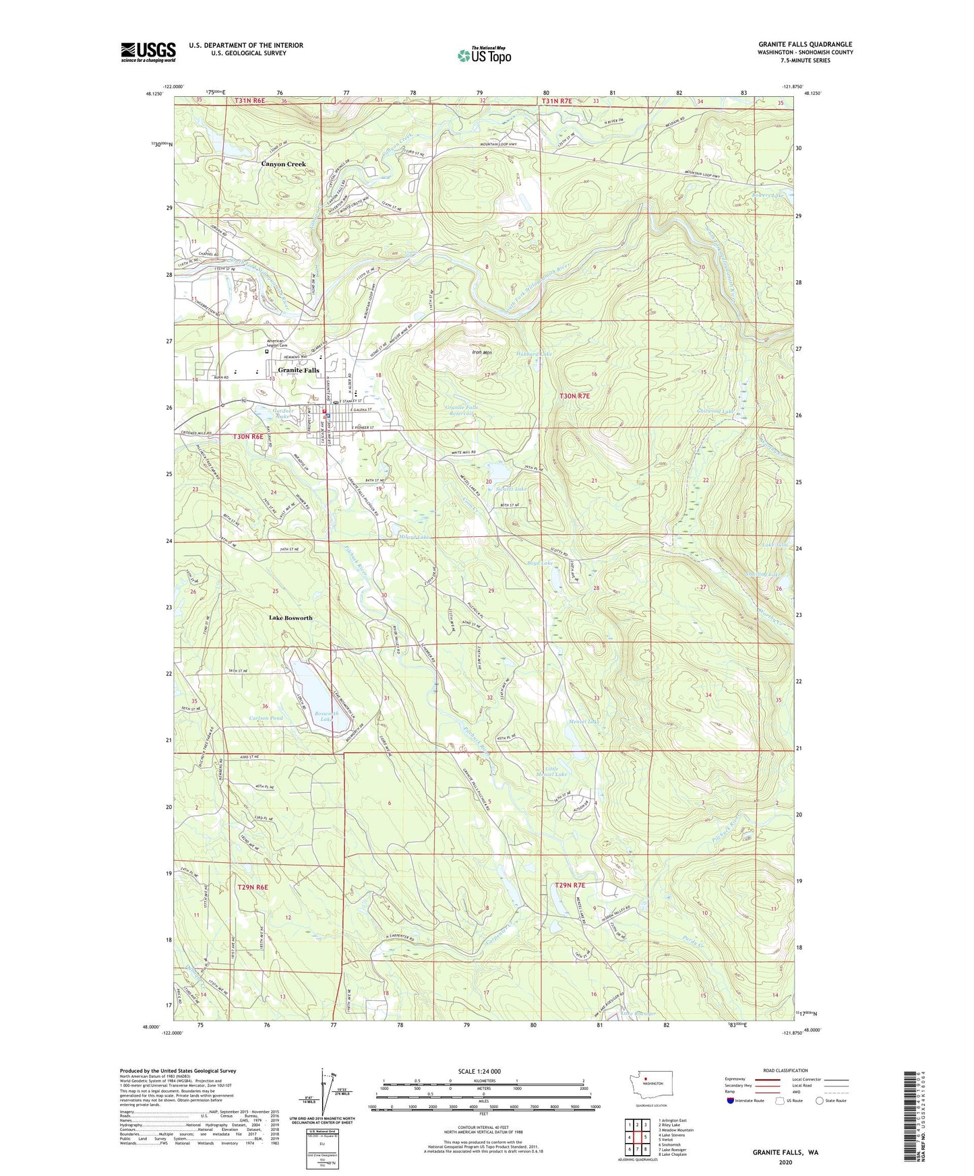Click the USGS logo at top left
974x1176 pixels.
pos(148,52)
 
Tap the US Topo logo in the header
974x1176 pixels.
pos(484,55)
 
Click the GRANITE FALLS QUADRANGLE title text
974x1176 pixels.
pos(805,44)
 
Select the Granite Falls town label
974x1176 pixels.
pos(299,370)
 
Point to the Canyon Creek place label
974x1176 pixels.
pos(283,164)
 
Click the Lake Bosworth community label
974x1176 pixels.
pos(291,618)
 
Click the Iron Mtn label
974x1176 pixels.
pos(481,352)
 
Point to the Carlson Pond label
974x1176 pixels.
pos(266,718)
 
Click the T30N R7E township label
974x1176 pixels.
pos(574,396)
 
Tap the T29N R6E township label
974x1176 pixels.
pos(253,887)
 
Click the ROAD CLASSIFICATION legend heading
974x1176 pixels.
pos(785,1070)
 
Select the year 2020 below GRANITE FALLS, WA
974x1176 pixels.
pos(785,1162)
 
